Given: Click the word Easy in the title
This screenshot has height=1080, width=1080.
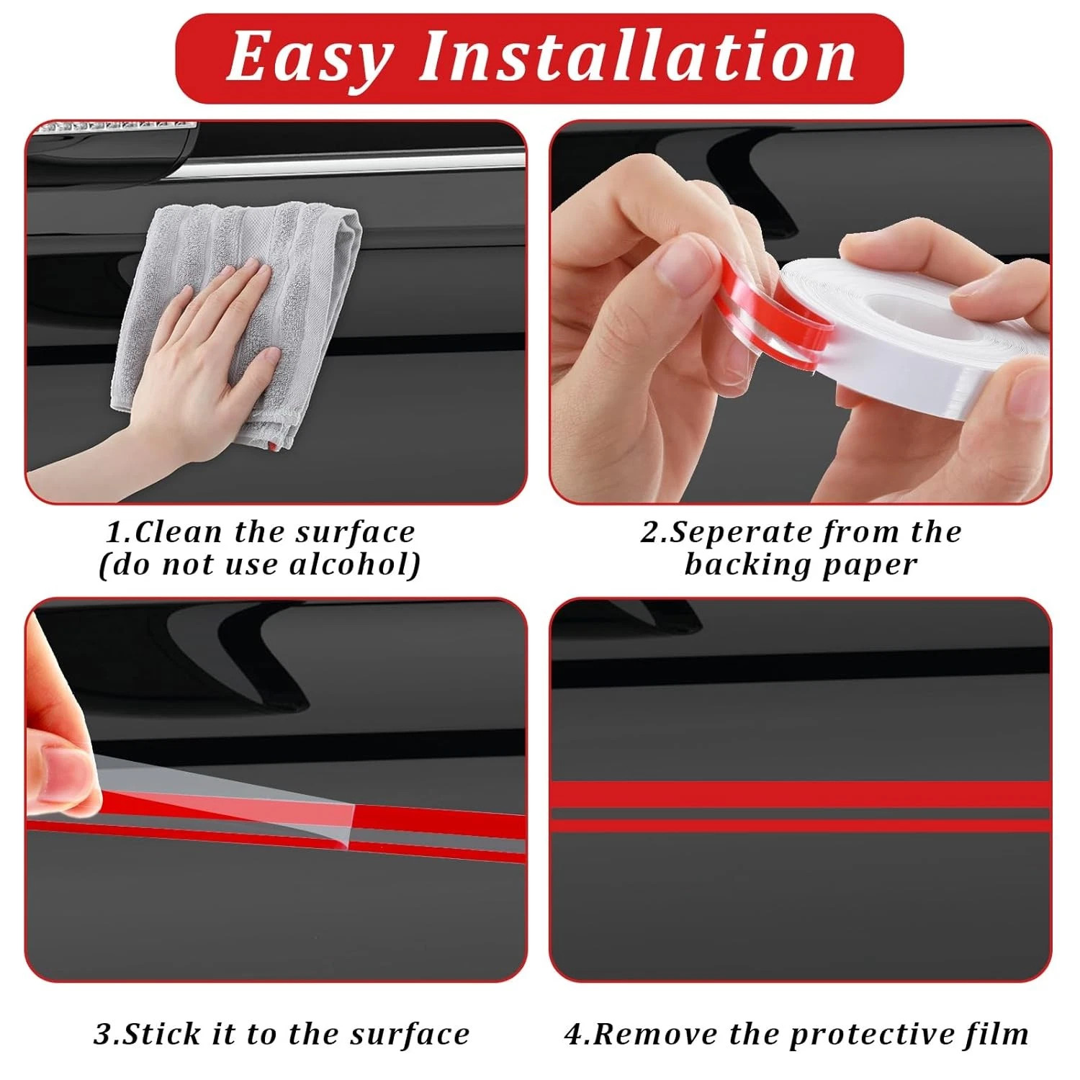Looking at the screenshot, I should click(310, 59).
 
